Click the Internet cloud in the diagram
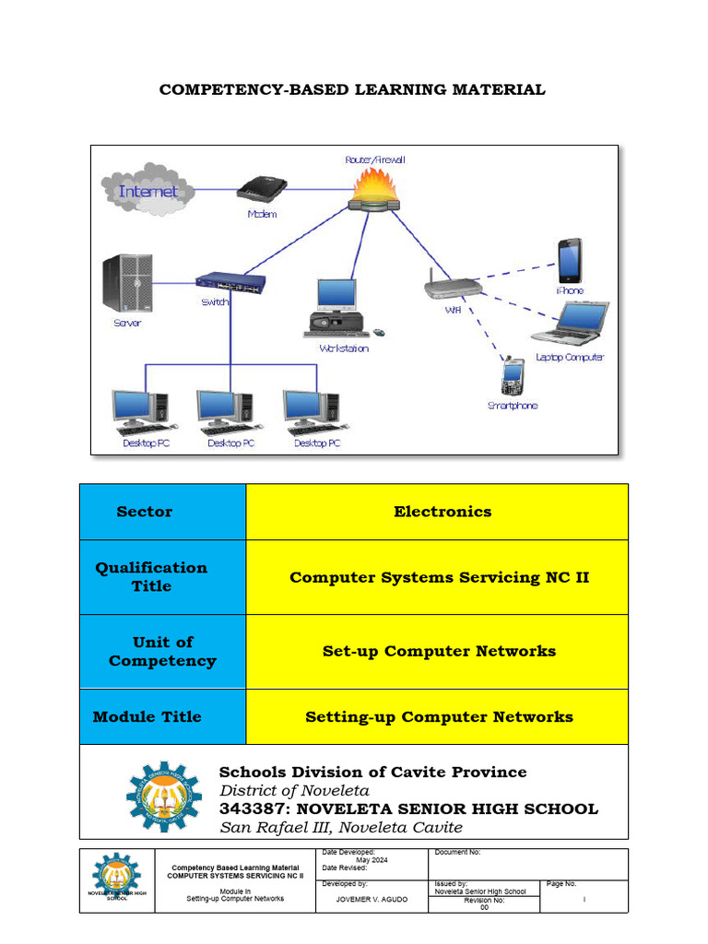coord(147,192)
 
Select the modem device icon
coord(262,190)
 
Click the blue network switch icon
coord(230,282)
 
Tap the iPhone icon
coord(570,261)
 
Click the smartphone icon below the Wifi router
coord(513,376)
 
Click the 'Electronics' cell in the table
coord(442,512)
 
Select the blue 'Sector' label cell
coord(145,512)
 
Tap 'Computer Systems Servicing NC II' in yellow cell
coord(439,577)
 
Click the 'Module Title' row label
coord(147,716)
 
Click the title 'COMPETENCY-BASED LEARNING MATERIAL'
coord(352,89)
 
